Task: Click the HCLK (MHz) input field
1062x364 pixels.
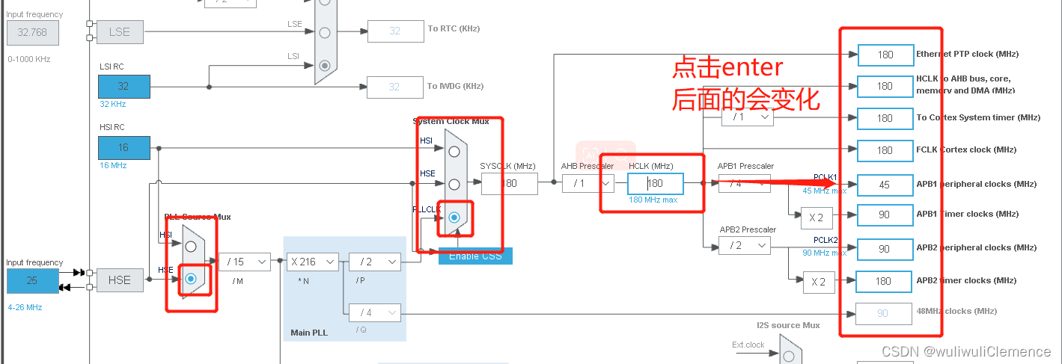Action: (x=655, y=184)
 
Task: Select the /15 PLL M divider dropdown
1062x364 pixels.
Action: (x=244, y=262)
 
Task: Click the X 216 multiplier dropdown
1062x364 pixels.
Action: (x=312, y=262)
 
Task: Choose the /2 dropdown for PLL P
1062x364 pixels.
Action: (x=374, y=262)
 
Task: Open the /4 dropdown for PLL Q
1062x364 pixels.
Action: (x=374, y=312)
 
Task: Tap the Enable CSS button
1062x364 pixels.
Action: (x=475, y=256)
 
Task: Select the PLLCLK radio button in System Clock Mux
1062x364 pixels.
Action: (x=454, y=218)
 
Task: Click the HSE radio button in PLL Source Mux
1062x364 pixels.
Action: (x=191, y=278)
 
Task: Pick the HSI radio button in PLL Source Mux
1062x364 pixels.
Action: (x=191, y=246)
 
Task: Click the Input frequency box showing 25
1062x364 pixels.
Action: (x=32, y=281)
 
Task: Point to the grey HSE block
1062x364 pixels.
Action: (x=119, y=280)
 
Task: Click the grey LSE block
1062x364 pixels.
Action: (x=119, y=31)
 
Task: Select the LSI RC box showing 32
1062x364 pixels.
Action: (x=123, y=86)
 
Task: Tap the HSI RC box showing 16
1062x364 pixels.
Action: (x=123, y=147)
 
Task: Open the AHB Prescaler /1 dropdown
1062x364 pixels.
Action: (x=588, y=184)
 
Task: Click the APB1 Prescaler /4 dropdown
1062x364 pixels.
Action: (x=745, y=184)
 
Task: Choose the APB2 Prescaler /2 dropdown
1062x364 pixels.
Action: (x=745, y=245)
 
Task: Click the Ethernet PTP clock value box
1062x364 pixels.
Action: (x=885, y=55)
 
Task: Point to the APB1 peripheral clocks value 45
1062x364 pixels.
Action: (x=885, y=185)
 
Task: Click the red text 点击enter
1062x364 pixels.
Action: (x=727, y=68)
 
